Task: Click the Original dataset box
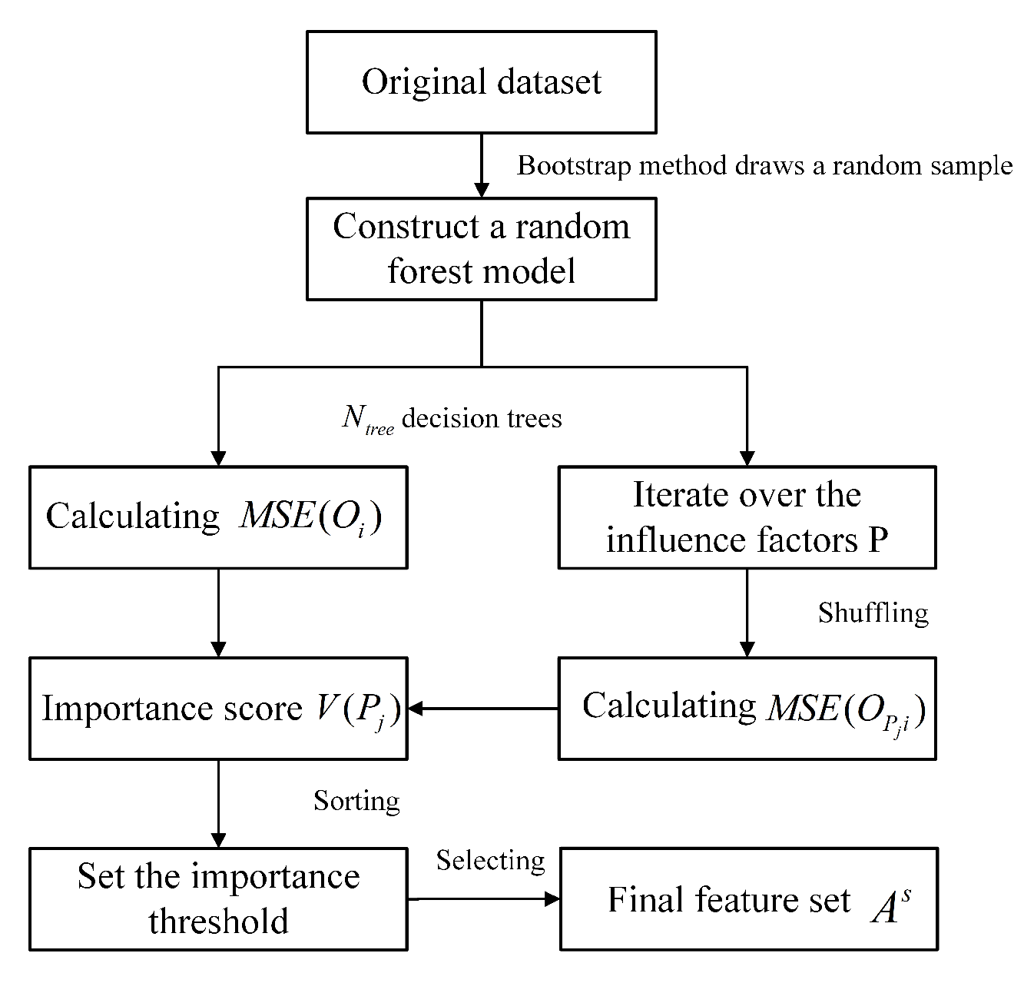(x=481, y=81)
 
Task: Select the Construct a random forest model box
(x=481, y=248)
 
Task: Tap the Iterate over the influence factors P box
(x=746, y=516)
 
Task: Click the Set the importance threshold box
(x=218, y=898)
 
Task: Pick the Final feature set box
(x=748, y=898)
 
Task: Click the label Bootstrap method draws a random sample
(x=764, y=165)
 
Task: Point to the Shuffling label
(x=873, y=613)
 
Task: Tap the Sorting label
(x=356, y=801)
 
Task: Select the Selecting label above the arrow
(x=490, y=860)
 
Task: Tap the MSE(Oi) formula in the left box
(x=310, y=517)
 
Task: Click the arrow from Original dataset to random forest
(x=481, y=165)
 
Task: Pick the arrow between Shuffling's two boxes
(x=747, y=613)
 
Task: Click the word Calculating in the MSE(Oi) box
(x=133, y=516)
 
